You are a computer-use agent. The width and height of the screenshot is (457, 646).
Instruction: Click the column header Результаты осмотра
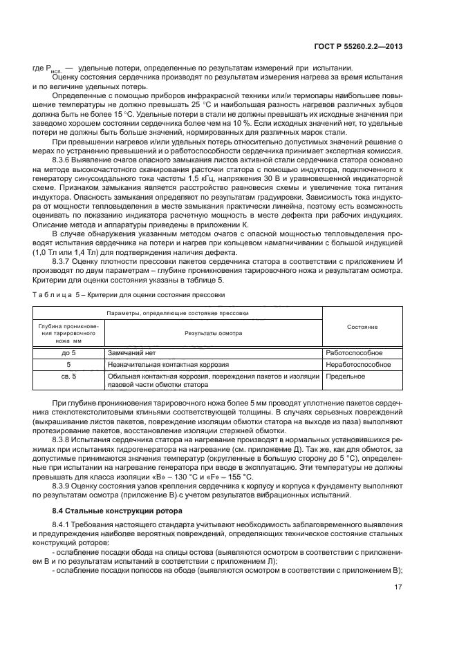(212, 332)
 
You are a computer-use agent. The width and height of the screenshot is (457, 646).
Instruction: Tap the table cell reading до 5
(68, 352)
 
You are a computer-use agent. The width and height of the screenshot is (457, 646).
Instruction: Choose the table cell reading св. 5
(68, 376)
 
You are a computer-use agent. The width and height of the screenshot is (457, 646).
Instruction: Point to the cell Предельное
(345, 376)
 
